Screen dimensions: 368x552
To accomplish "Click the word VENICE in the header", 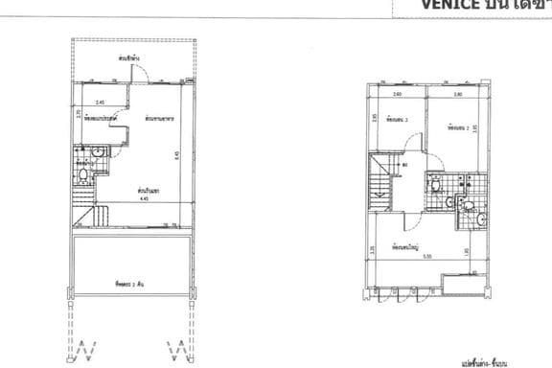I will (448, 5).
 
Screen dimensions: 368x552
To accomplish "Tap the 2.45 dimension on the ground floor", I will (100, 101).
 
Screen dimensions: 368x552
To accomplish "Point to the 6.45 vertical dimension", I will (177, 155).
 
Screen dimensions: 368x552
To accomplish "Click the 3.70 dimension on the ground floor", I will (78, 114).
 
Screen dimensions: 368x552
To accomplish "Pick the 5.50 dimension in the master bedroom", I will (428, 254).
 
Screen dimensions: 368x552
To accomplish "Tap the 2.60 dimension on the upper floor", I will (397, 95).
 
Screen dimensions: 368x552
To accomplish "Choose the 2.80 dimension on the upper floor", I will (457, 95).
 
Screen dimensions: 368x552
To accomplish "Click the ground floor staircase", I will (85, 217).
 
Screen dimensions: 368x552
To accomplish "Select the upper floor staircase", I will (380, 184).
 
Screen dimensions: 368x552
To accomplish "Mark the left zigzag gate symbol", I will (87, 348).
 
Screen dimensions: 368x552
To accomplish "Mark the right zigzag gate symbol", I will (175, 348).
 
